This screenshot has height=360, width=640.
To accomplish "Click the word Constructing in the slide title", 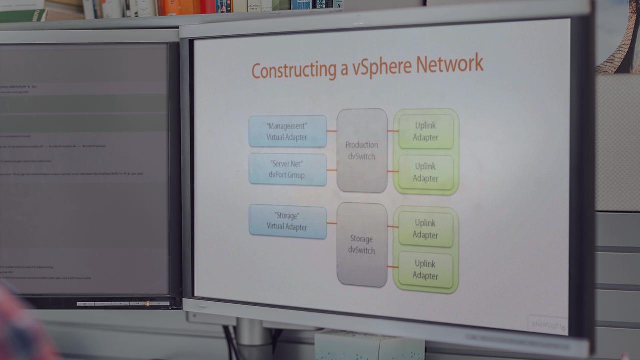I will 294,70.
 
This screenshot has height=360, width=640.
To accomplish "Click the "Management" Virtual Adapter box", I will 287,131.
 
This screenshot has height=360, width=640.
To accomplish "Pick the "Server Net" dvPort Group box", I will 287,169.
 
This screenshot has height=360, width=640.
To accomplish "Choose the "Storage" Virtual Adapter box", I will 287,221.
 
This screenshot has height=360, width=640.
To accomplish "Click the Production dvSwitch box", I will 362,150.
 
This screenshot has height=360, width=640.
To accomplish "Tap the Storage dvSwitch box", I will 361,244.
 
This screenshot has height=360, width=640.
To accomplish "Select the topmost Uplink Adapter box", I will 425,131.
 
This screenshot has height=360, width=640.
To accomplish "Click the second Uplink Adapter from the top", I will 425,172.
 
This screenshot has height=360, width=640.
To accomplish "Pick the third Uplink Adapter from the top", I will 425,229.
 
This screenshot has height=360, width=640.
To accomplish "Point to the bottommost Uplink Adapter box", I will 425,270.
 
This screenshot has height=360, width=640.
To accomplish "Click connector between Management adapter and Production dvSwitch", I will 332,131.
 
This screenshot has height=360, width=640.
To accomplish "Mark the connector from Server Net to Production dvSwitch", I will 332,170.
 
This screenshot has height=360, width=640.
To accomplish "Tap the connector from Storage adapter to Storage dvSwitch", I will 332,223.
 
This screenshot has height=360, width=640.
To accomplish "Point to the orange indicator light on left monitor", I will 147,303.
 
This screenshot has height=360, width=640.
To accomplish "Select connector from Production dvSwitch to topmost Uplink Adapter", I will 393,131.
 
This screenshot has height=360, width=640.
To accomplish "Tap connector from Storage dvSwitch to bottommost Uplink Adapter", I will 393,267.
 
